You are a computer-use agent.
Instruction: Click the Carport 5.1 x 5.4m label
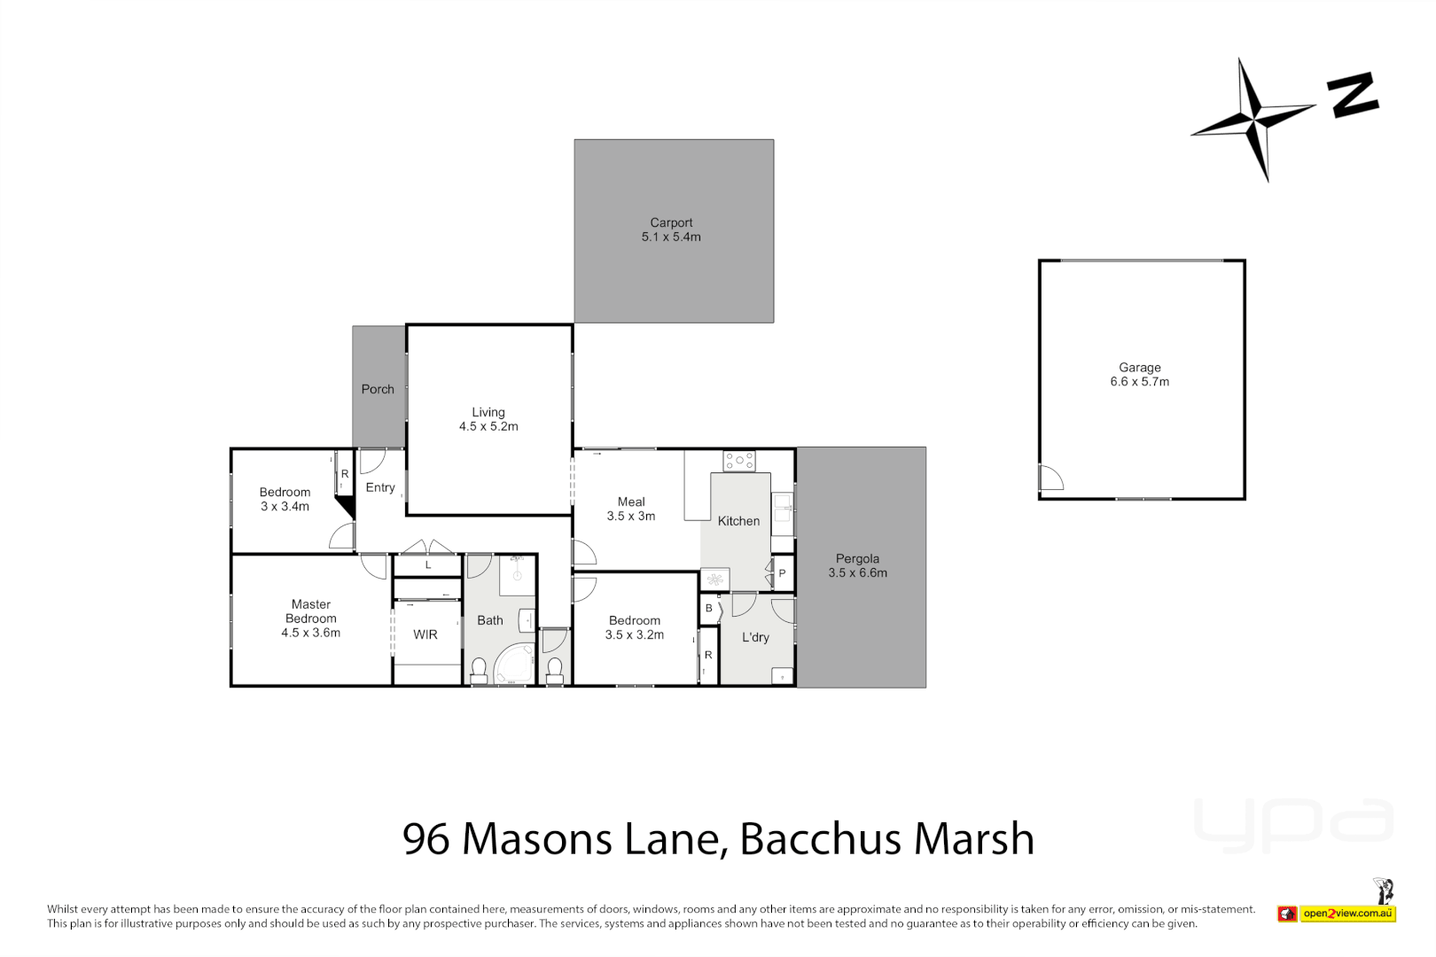point(671,230)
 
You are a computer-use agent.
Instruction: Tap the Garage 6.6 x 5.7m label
point(1139,374)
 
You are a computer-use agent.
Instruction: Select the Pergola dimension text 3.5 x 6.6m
point(857,573)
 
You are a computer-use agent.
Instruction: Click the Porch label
point(378,389)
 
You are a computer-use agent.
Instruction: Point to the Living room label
point(488,419)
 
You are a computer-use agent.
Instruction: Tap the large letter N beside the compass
point(1353,96)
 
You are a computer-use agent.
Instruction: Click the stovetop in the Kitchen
point(738,461)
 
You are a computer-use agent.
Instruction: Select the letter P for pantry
point(782,573)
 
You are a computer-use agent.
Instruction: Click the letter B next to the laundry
point(709,609)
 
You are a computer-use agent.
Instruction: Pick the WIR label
point(425,634)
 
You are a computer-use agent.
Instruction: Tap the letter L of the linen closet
point(428,565)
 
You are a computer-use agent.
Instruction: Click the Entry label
point(380,487)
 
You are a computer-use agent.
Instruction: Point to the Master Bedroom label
point(310,619)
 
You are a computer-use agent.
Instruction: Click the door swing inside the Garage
point(1051,478)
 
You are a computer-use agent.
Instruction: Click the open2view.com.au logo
point(1346,913)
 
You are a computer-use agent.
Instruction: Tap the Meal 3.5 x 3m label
point(631,509)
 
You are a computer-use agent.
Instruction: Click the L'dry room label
point(755,637)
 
